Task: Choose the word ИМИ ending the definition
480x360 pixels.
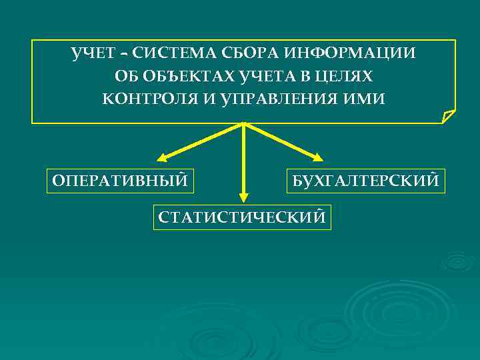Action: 367,99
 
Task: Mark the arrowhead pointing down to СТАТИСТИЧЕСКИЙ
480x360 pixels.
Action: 243,197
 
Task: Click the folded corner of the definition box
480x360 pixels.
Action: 449,117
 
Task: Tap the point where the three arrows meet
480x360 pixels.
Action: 243,124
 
